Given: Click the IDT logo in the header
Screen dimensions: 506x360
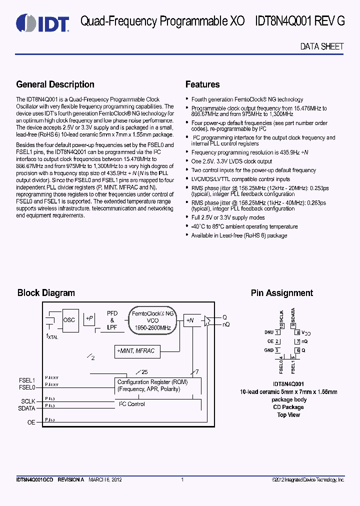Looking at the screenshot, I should point(42,22).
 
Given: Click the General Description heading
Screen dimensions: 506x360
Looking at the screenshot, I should point(55,84).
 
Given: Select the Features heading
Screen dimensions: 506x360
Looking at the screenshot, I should point(202,84).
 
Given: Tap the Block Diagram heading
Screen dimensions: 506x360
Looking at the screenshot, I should point(46,293).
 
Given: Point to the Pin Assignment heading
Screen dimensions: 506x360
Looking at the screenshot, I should point(281,293).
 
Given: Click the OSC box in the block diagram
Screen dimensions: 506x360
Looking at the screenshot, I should point(69,320).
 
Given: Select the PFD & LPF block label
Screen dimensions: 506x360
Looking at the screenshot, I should point(112,320).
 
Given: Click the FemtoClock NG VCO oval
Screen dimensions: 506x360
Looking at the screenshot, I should point(152,320).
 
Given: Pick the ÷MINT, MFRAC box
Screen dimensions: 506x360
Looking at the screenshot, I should point(136,351).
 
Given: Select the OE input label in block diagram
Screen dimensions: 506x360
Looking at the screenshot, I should point(31,422).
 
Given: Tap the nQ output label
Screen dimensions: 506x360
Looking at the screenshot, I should point(226,324).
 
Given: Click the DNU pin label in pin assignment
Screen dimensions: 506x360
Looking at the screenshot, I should point(268,332).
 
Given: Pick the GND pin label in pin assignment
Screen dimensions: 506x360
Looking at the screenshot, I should point(268,350).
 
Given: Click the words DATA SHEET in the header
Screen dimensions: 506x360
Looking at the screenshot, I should point(321,46).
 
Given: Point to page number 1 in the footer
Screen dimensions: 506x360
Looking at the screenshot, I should point(182,480).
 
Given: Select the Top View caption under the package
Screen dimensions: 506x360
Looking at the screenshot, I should point(288,415).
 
